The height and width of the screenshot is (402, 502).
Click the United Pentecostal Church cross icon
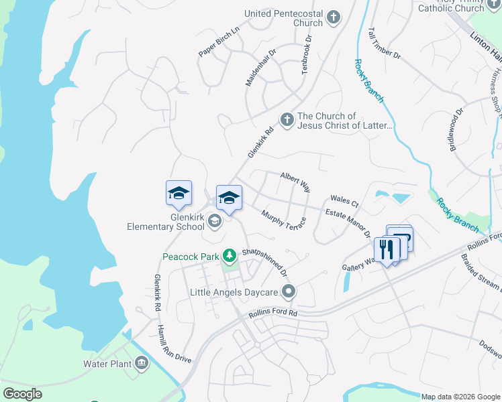[x=334, y=17]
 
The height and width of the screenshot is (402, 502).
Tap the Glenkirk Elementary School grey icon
[x=215, y=220]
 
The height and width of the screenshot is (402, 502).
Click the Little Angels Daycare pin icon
[x=289, y=291]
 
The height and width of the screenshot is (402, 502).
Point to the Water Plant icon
[x=142, y=364]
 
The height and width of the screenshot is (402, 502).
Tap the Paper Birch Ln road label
[x=219, y=42]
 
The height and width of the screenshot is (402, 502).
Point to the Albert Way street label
[x=295, y=182]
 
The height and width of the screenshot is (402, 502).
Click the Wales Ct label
[x=344, y=201]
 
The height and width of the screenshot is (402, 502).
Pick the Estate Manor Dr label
[x=348, y=223]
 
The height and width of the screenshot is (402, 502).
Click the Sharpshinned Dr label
[x=264, y=262]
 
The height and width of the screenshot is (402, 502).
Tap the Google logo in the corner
[x=22, y=393]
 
